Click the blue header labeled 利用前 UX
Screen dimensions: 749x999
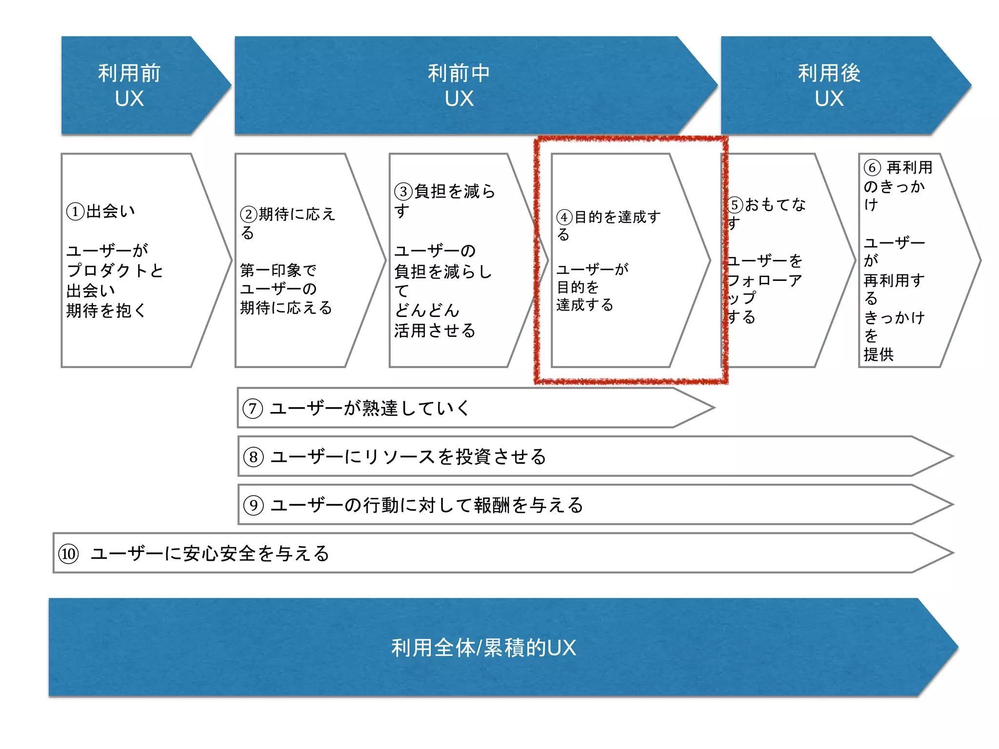[129, 85]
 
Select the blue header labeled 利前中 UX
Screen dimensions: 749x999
[459, 85]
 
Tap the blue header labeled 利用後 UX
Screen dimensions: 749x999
[829, 85]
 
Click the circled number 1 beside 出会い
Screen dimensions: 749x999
[75, 212]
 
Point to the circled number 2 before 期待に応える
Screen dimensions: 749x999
[249, 214]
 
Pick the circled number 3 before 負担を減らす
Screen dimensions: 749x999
[403, 191]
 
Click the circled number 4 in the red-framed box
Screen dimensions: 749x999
[564, 217]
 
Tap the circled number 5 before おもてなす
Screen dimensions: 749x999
[735, 205]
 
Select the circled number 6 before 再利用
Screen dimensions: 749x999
[872, 168]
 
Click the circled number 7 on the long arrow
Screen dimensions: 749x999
[253, 408]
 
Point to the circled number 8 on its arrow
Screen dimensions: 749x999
[254, 457]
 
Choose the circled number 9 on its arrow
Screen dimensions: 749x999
[254, 505]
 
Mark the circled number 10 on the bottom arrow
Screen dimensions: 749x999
[68, 554]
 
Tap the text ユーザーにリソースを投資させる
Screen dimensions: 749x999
[408, 457]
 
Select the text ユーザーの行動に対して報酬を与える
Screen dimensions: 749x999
[427, 505]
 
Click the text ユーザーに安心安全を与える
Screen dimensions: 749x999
[210, 553]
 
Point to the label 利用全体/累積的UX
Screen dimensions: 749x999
[483, 648]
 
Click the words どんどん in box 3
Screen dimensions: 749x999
[427, 310]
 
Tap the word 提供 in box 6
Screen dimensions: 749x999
[879, 355]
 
